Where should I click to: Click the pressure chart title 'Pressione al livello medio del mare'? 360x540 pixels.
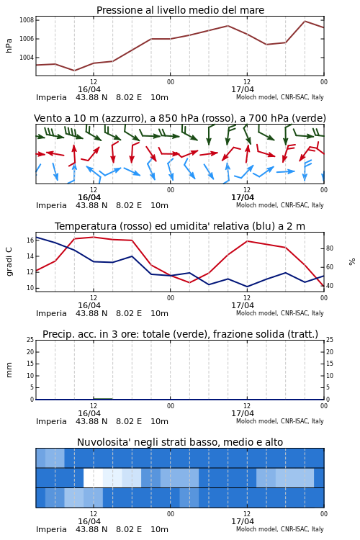point(180,10)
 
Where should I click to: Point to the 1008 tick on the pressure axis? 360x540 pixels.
point(27,20)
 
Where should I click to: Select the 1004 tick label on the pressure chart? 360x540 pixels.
point(27,58)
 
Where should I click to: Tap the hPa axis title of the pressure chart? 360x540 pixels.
point(9,45)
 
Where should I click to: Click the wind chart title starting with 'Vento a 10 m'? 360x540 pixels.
point(180,118)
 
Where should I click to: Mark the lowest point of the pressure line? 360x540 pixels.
point(74,71)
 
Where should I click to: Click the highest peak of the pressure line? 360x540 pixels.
point(305,21)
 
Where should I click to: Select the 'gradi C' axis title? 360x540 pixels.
point(9,261)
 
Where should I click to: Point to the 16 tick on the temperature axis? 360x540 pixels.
point(30,240)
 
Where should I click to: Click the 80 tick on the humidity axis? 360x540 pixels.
point(330,248)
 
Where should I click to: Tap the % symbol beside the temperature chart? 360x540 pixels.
point(352,262)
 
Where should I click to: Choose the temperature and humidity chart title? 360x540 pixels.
point(180,226)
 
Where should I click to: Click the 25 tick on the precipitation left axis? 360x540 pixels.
point(30,340)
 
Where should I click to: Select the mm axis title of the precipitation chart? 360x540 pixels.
point(9,370)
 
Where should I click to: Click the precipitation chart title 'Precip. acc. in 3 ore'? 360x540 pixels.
point(180,334)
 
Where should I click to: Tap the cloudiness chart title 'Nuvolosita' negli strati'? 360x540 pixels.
point(180,442)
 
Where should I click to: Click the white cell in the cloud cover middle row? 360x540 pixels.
point(93,477)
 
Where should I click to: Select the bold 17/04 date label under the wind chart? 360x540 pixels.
point(243,197)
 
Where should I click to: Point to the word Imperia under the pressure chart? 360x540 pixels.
point(51,97)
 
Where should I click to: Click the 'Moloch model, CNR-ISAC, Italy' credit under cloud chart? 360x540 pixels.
point(280,529)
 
